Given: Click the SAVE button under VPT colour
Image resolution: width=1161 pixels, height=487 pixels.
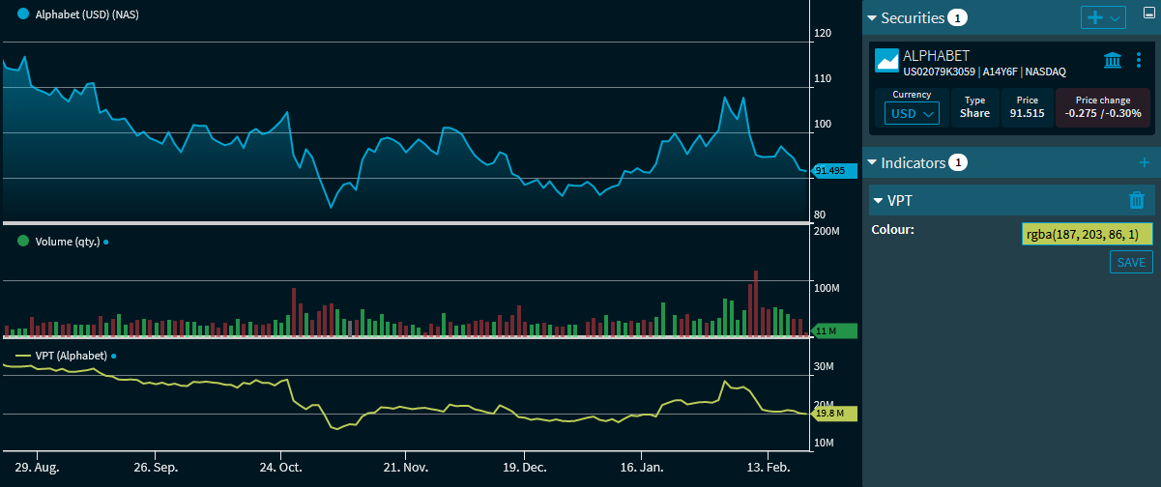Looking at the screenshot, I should tap(1131, 262).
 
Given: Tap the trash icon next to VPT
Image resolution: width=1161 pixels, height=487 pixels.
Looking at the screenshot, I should tap(1137, 200).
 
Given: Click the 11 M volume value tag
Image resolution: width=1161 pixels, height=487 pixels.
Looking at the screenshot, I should tap(833, 331).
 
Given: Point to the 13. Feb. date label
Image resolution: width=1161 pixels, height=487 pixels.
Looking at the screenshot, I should tap(769, 468).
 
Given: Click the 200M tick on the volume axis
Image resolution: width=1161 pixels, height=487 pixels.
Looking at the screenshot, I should tap(827, 231).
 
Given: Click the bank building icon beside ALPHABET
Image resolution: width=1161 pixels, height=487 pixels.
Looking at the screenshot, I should tap(1113, 61).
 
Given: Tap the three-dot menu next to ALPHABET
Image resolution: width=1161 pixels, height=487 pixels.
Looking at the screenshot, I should tap(1138, 61).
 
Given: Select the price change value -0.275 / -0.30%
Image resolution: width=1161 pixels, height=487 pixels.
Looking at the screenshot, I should tap(1103, 113).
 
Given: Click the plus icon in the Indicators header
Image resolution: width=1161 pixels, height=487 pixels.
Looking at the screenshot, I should tap(1145, 162).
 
